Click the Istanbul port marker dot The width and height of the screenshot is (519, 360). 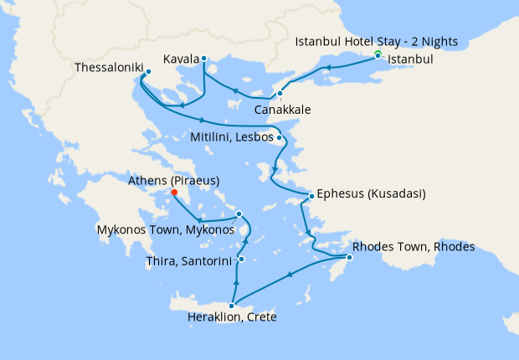tap(378, 55)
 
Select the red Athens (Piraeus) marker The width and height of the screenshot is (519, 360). tap(174, 193)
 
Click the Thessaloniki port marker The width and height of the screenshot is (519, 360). tap(147, 72)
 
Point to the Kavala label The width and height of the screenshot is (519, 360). tap(182, 59)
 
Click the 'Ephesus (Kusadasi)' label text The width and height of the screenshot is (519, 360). tap(371, 195)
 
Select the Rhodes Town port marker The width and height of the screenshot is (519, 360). tap(349, 257)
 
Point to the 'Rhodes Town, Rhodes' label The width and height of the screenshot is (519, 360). tap(414, 247)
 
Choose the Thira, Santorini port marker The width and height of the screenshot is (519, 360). tap(240, 260)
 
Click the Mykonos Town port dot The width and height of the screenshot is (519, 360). tap(239, 213)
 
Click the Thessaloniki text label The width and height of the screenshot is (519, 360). tap(106, 66)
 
